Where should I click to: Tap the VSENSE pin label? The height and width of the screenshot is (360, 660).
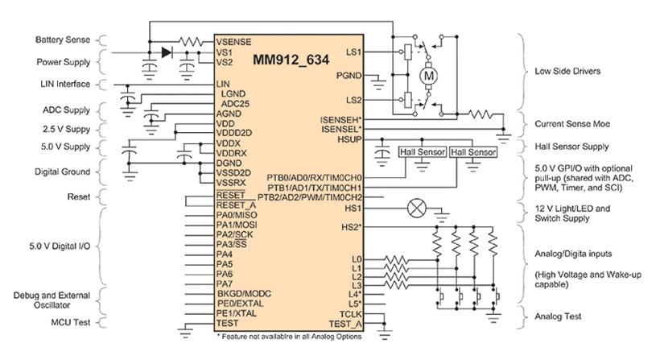(x=234, y=40)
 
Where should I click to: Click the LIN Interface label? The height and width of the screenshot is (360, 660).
(x=62, y=84)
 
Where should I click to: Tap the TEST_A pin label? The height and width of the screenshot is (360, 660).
(x=350, y=323)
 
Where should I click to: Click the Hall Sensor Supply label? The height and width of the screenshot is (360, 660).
(x=571, y=147)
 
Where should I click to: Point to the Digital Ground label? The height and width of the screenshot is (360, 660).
(x=62, y=172)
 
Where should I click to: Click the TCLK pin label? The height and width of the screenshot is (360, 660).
(x=353, y=312)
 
